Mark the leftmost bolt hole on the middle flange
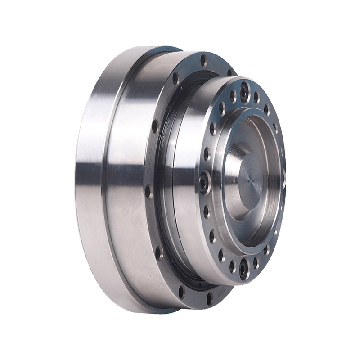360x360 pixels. (x=147, y=191)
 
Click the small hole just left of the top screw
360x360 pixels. (x=233, y=95)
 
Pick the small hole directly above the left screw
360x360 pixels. (x=206, y=154)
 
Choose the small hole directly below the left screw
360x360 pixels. (x=206, y=210)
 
